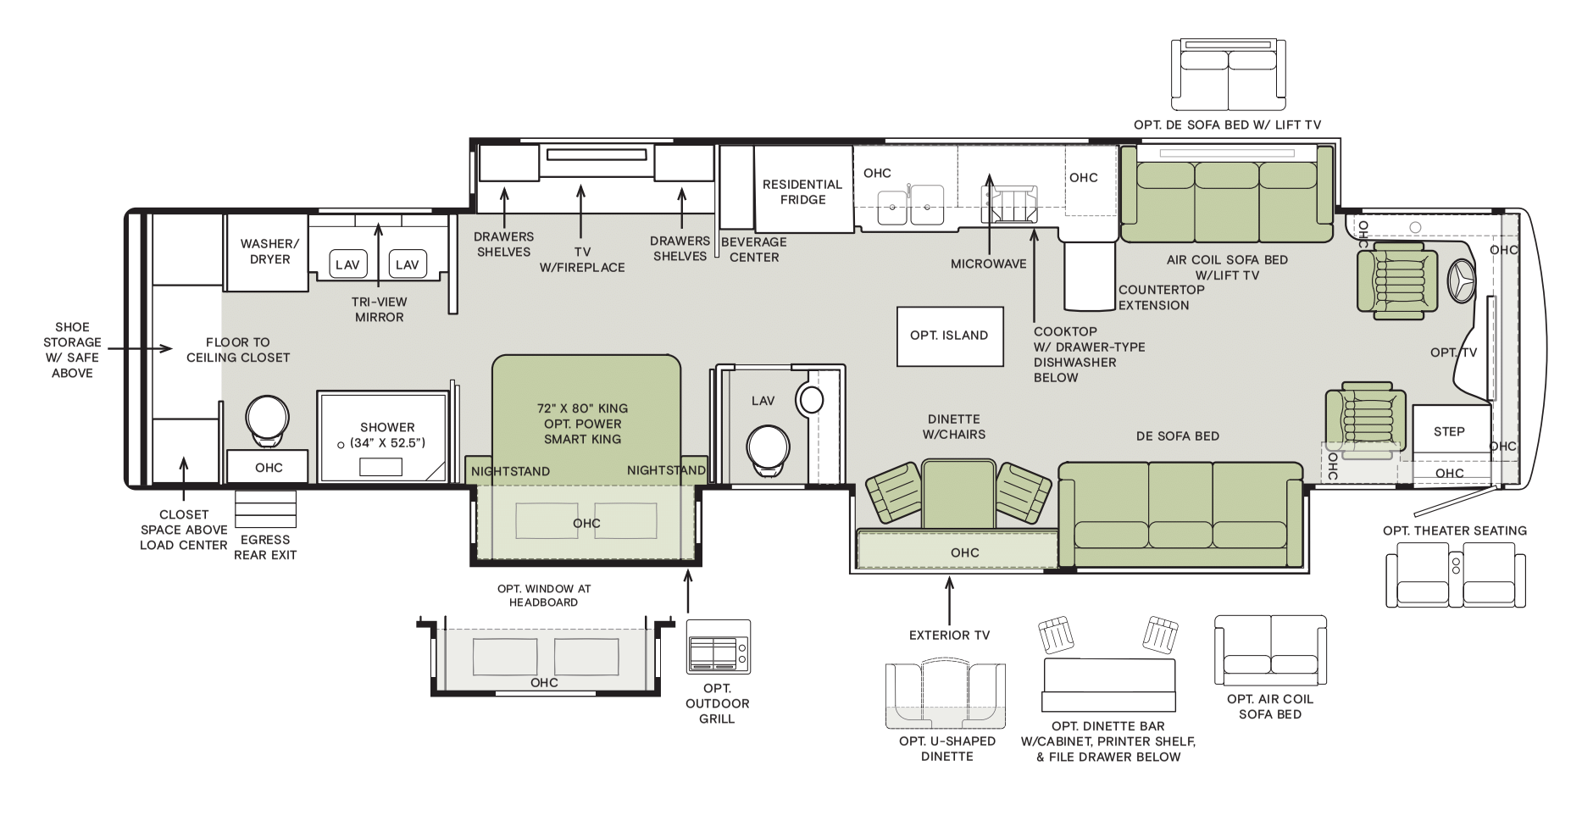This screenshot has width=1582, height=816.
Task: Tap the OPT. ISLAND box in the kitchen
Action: pos(949,336)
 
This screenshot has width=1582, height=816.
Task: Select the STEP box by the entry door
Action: pos(1450,431)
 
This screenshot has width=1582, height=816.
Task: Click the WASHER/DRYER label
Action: pos(270,252)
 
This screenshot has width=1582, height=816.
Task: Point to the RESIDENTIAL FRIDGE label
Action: pos(802,192)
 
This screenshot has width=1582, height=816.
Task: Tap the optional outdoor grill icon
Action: pos(718,647)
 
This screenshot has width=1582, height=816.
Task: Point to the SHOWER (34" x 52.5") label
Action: pos(387,436)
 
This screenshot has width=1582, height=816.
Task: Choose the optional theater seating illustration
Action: pos(1455,575)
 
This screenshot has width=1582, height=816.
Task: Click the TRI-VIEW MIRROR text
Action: pos(380,309)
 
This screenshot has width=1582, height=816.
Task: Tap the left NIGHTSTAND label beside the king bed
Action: pos(511,471)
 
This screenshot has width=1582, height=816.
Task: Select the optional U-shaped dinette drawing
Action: pos(947,697)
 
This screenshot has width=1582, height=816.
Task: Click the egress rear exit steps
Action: pos(265,508)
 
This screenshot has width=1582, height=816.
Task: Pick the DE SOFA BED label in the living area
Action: pos(1178,436)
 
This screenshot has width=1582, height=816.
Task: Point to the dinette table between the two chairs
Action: pos(958,494)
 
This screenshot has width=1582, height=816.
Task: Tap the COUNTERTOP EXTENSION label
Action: pos(1162,297)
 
